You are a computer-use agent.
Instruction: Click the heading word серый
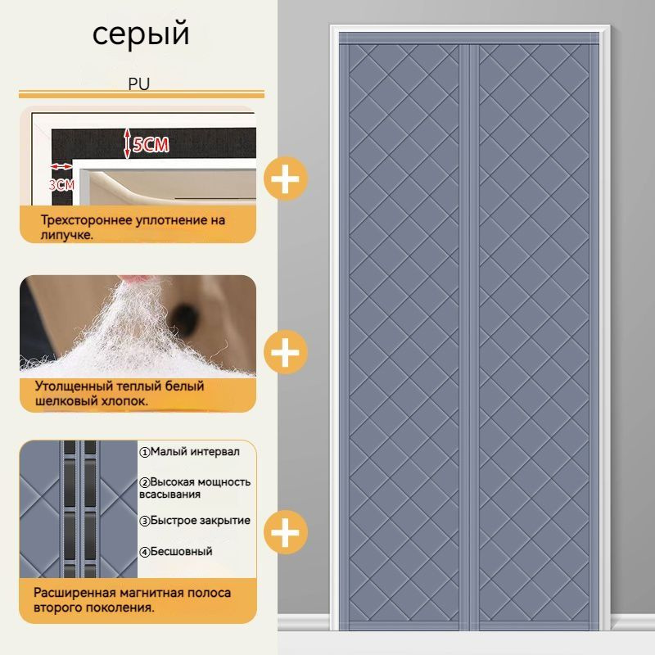141,34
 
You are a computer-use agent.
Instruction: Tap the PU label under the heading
138,84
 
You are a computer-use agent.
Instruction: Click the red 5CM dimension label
151,145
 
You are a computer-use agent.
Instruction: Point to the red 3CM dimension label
61,184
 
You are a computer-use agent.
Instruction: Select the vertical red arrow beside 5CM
127,143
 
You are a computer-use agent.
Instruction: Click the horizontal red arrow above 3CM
61,167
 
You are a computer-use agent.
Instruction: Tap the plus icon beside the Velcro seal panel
286,178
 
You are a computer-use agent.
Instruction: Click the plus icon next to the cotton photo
286,352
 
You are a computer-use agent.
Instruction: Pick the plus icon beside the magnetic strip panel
286,532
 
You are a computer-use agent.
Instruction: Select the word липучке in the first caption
65,235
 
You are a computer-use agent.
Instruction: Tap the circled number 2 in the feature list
145,483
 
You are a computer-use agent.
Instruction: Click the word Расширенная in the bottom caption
75,593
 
